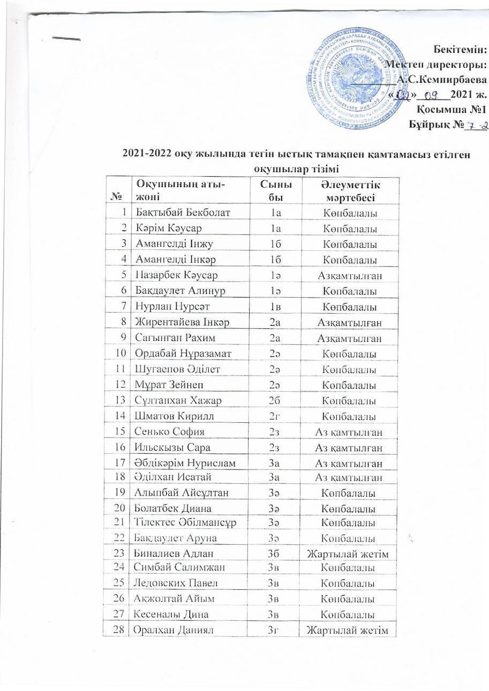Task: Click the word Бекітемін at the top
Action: [460, 50]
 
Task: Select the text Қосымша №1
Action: [452, 110]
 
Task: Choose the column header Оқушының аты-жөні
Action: [179, 191]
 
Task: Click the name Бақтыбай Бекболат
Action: [183, 212]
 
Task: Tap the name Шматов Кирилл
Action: [171, 416]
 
